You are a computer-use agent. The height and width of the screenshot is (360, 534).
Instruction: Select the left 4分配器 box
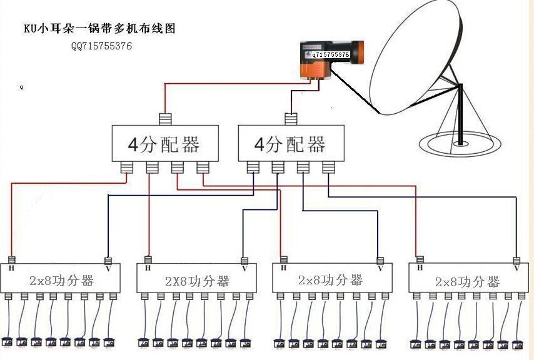(165, 144)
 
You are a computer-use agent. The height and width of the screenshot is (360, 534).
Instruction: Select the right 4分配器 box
(291, 144)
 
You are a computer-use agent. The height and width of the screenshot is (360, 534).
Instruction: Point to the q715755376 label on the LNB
(330, 55)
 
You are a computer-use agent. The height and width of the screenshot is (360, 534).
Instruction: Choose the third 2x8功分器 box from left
(331, 280)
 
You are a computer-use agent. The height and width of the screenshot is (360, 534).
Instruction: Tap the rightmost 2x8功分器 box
(466, 281)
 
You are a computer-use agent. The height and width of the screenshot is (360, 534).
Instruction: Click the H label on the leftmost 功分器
(11, 269)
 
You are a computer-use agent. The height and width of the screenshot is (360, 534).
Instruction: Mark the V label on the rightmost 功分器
(516, 268)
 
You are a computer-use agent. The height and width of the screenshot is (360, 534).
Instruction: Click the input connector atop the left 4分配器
(165, 119)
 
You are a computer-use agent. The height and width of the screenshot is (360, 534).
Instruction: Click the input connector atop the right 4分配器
(291, 119)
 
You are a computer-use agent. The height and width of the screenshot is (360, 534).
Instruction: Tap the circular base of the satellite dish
(460, 145)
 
